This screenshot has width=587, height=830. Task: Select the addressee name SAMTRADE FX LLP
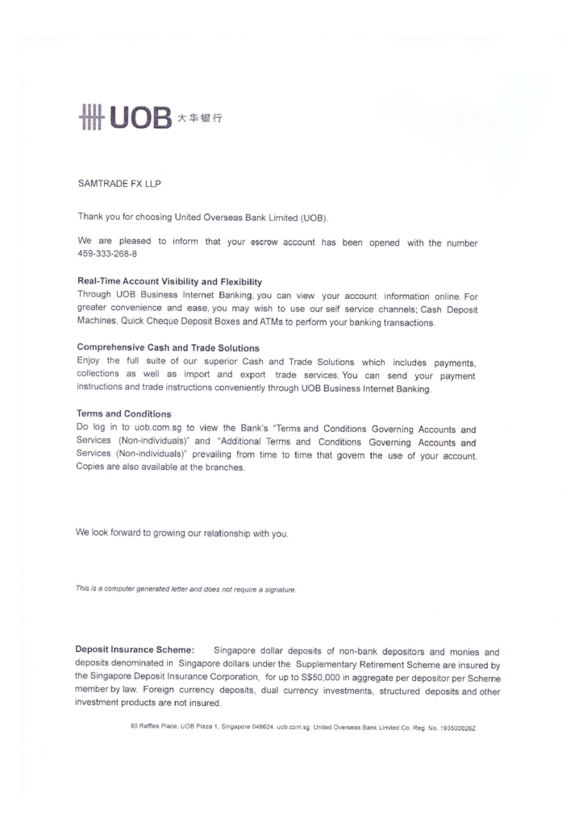click(x=119, y=185)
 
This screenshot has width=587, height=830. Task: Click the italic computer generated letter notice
click(x=186, y=590)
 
